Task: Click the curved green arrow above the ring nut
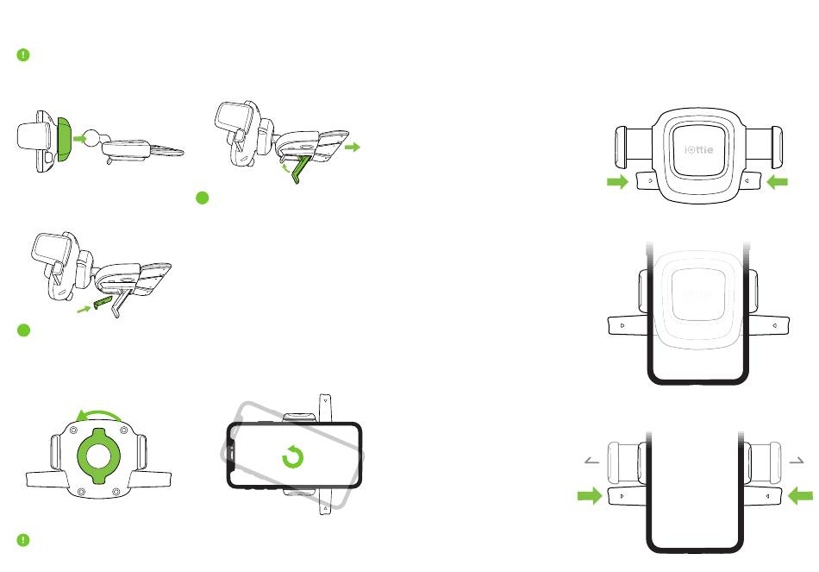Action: [x=103, y=414]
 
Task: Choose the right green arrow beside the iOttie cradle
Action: [x=778, y=182]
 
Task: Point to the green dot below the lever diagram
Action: [x=203, y=198]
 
